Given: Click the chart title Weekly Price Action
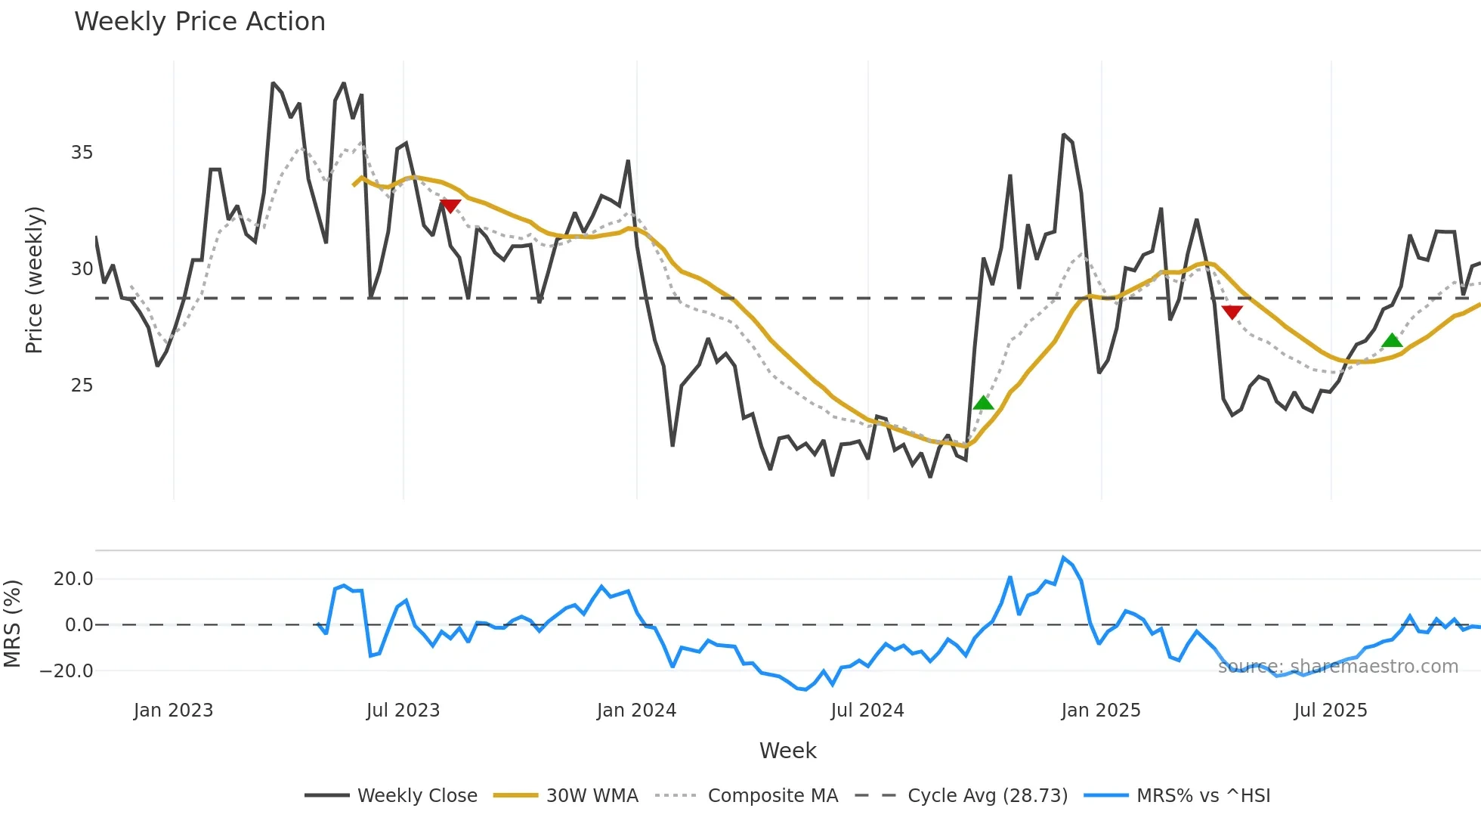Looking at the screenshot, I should point(199,22).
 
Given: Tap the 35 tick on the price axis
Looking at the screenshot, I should point(82,153).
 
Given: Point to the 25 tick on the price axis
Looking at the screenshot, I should point(82,386).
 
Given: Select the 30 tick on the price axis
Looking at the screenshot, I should point(82,269).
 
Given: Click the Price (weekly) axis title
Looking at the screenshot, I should point(35,280).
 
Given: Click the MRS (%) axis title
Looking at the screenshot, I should point(12,624).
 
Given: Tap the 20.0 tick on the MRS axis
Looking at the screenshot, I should point(73,579).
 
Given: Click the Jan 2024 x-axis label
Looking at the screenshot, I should point(636,711).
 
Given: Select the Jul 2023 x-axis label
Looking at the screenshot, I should point(403,711).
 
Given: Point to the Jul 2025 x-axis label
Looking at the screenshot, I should point(1330,711).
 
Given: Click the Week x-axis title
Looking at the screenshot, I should point(787,751).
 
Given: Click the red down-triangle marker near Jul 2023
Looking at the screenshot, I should point(450,206).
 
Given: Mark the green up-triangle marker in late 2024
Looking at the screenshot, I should point(983,404).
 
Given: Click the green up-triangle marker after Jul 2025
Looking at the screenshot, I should point(1392,341).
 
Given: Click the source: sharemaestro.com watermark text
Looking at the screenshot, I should point(1337,667).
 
